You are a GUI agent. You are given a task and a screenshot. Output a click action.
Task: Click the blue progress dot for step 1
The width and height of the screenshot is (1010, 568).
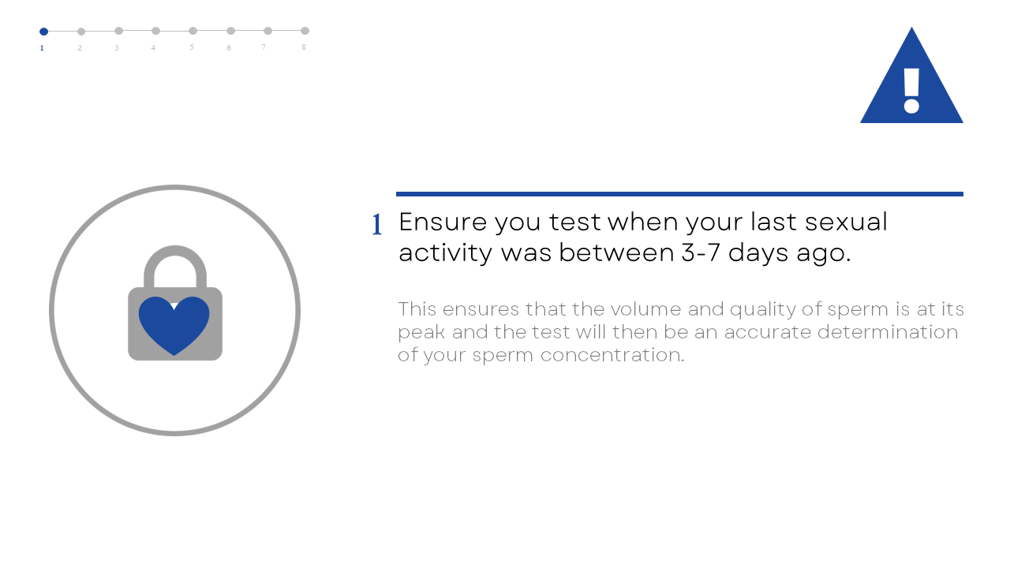click(x=43, y=32)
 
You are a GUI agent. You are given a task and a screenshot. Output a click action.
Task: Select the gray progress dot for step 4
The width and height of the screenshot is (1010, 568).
click(x=155, y=31)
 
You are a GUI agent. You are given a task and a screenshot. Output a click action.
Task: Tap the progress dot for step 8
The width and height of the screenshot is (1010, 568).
click(x=305, y=31)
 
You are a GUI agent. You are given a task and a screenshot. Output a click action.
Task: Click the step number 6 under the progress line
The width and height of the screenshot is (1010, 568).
click(x=229, y=48)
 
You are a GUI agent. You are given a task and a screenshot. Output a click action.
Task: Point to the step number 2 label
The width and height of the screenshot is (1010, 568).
click(x=80, y=48)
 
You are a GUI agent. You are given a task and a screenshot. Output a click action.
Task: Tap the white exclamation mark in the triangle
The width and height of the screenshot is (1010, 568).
click(x=911, y=91)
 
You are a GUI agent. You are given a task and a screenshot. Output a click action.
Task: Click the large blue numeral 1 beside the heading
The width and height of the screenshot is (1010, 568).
click(x=377, y=225)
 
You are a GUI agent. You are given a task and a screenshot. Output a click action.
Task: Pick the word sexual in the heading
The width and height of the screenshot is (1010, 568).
click(x=847, y=222)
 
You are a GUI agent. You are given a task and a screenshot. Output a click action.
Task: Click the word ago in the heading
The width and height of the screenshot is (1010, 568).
click(x=823, y=254)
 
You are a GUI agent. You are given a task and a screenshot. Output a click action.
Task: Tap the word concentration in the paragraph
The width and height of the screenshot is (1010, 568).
click(x=612, y=355)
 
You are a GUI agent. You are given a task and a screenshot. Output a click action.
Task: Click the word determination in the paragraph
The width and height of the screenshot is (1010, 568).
click(x=888, y=332)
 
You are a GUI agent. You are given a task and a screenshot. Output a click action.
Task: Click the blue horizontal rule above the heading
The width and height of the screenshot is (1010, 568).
click(x=679, y=194)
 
